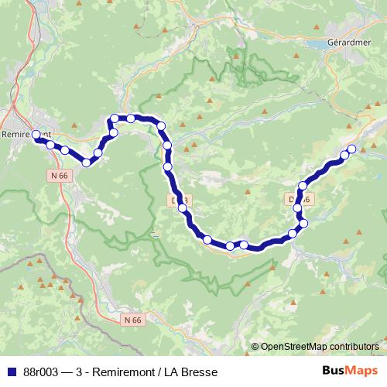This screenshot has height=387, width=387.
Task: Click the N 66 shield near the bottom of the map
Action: tap(133, 319)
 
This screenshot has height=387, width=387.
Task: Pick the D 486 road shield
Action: tap(300, 200)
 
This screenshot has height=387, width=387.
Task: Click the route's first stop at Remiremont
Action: tap(36, 135)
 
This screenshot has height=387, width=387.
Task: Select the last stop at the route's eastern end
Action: tap(352, 149)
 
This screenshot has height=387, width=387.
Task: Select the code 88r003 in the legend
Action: tap(43, 371)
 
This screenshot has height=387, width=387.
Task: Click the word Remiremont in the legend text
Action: tap(128, 371)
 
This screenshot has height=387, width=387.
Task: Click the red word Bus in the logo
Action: tap(334, 371)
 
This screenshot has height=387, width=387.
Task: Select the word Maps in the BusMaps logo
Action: tap(362, 371)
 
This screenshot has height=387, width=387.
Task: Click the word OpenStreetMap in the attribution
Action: tap(295, 347)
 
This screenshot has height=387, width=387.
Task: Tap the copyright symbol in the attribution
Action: tap(255, 347)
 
